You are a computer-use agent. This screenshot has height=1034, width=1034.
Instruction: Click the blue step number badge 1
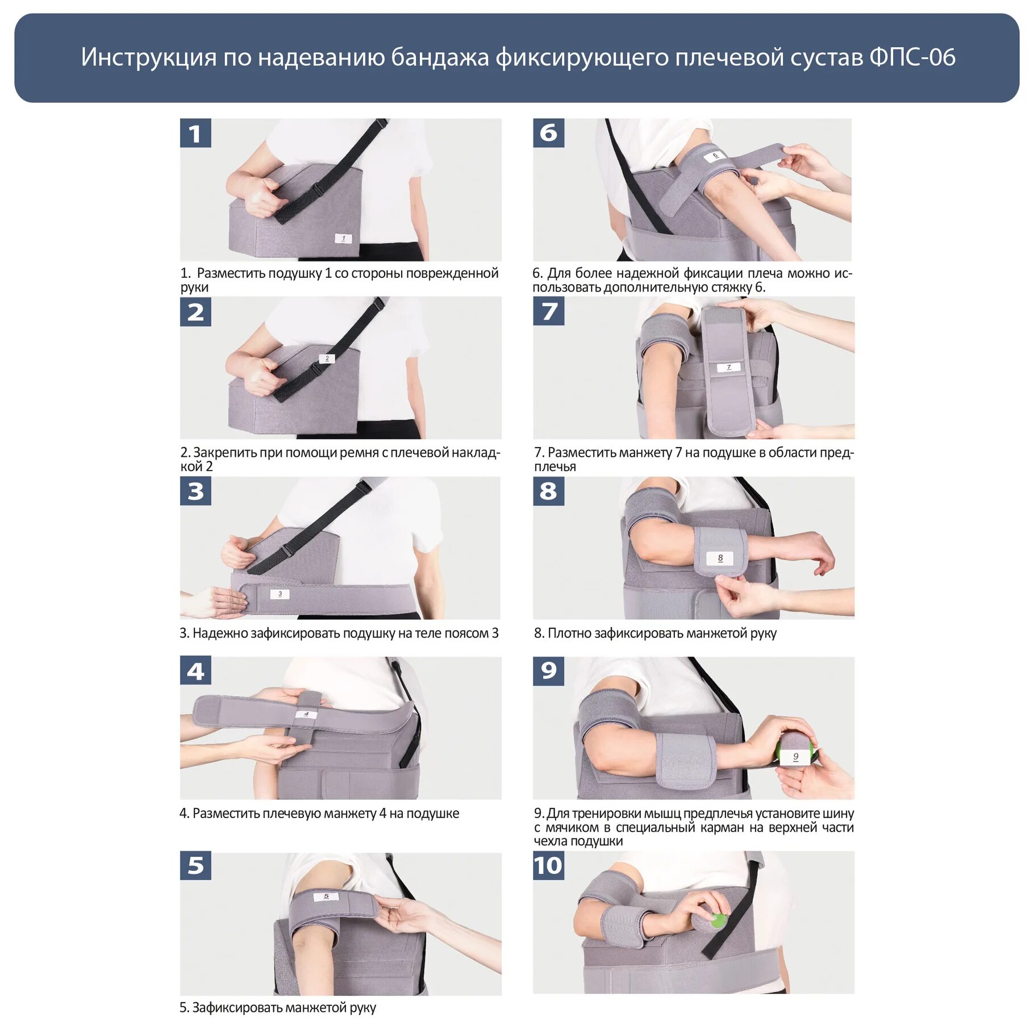(x=195, y=133)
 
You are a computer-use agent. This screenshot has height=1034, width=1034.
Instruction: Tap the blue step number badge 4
(x=195, y=671)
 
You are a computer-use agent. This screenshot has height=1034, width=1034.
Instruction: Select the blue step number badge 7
(x=548, y=311)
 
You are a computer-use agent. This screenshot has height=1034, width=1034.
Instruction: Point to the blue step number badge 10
(x=548, y=865)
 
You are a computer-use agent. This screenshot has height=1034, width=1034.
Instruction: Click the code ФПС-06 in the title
(x=912, y=57)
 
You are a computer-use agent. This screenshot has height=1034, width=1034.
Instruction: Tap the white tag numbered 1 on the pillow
(x=343, y=239)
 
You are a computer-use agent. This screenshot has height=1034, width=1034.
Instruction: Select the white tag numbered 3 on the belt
(x=280, y=594)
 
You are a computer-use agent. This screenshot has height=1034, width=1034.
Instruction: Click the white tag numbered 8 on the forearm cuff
(x=720, y=558)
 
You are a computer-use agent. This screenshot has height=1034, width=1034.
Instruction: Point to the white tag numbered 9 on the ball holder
(x=795, y=757)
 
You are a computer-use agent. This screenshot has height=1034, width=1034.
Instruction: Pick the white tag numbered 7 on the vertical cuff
(x=729, y=368)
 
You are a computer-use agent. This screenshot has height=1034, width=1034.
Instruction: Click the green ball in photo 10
(x=718, y=920)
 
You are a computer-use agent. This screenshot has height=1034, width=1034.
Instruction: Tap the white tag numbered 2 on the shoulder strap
(x=327, y=358)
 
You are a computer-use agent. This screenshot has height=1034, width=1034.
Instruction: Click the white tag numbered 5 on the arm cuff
(x=326, y=897)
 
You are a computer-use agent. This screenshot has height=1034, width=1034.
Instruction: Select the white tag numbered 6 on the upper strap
(x=715, y=155)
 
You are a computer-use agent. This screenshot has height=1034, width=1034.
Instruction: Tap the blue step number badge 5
(x=195, y=865)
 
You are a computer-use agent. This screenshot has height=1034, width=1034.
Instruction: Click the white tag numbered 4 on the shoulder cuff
(x=306, y=714)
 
